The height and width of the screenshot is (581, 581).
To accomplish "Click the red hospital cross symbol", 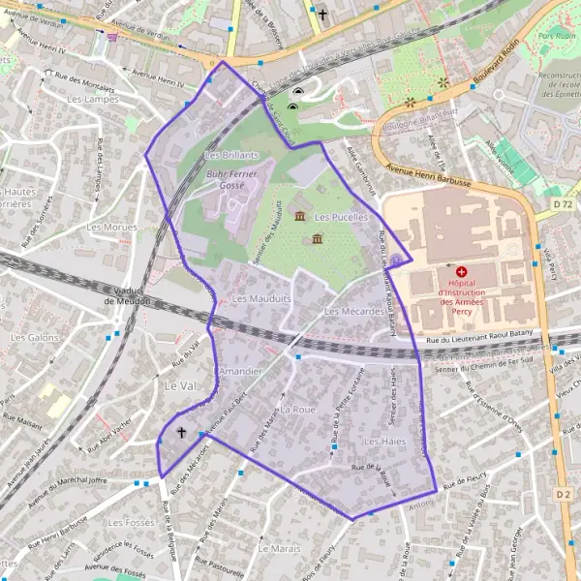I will (462, 273).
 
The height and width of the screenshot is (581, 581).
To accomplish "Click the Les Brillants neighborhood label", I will (232, 155).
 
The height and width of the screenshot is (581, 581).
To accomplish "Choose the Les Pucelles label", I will (341, 217).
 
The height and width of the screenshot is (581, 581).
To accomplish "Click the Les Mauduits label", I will (261, 299).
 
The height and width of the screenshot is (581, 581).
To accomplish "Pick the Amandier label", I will (240, 372).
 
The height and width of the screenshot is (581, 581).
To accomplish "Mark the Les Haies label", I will (383, 442).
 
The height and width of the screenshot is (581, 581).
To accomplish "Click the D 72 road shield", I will (564, 205).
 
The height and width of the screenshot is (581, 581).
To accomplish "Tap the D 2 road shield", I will (564, 494).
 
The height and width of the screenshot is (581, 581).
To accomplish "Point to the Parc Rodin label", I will (557, 36).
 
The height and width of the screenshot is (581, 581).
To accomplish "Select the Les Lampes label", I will (86, 99).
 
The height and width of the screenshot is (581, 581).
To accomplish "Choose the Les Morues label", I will (107, 227).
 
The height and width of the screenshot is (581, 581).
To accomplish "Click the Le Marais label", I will (279, 548).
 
